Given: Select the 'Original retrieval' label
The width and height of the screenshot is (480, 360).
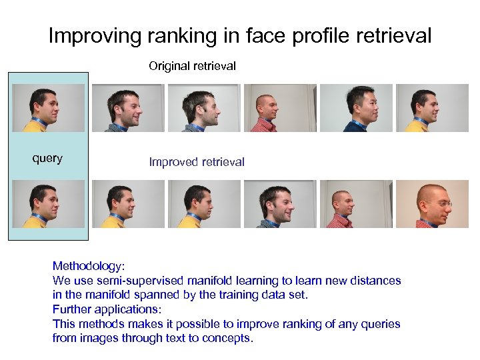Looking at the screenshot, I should pos(192,66).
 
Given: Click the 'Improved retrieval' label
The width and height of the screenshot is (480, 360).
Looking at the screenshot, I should pos(197,162).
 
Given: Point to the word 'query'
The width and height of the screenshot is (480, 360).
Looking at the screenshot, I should pos(48,158).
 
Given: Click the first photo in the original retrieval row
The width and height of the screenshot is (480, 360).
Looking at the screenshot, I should pos(127,107).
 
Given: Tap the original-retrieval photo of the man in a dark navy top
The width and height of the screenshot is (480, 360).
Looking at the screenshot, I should pos(356,107).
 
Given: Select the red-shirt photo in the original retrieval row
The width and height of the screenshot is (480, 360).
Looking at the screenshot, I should pos(280,107).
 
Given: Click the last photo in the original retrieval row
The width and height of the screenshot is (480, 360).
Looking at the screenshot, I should pos(432,107).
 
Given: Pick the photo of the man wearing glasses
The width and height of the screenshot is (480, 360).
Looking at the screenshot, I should pos(432,204).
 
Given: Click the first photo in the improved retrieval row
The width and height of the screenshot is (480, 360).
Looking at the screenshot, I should pos(127,204).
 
